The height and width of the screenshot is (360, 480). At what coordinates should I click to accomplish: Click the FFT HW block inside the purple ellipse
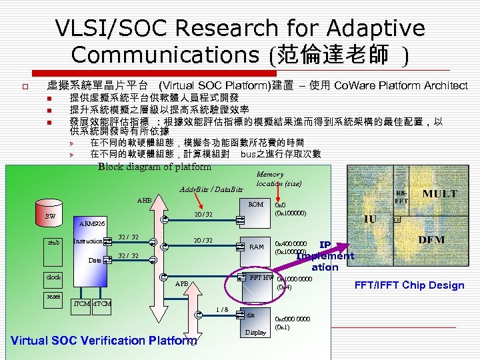tap(256, 277)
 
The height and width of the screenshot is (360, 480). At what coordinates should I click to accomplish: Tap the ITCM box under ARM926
tap(82, 305)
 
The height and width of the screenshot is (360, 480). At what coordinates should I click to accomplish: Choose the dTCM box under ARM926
tap(102, 305)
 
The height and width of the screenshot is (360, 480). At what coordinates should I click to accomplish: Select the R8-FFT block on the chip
tap(401, 195)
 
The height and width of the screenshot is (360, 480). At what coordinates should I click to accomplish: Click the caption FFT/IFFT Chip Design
tap(419, 285)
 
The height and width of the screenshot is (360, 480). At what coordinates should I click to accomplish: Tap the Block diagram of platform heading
tap(155, 167)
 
